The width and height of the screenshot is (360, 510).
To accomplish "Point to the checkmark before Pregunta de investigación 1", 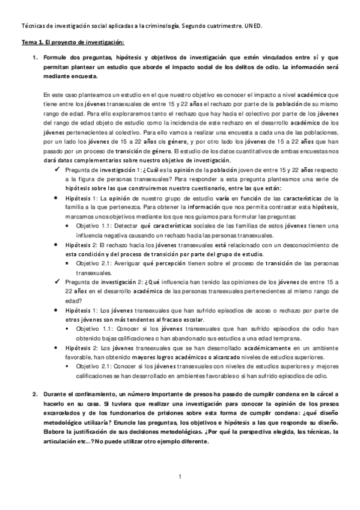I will pyautogui.click(x=56, y=170).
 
